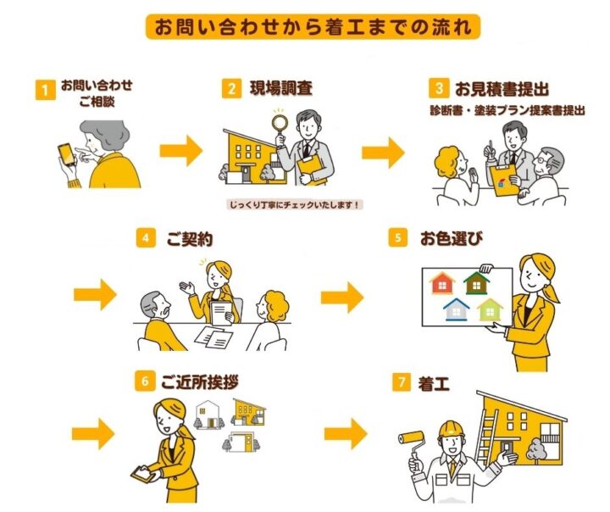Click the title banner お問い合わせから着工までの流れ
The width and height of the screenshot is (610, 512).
[x=313, y=25]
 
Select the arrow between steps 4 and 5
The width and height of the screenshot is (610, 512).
[x=341, y=298]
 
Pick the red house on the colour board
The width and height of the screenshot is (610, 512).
[x=443, y=282]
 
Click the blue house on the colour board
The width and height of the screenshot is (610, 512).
[x=457, y=309]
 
